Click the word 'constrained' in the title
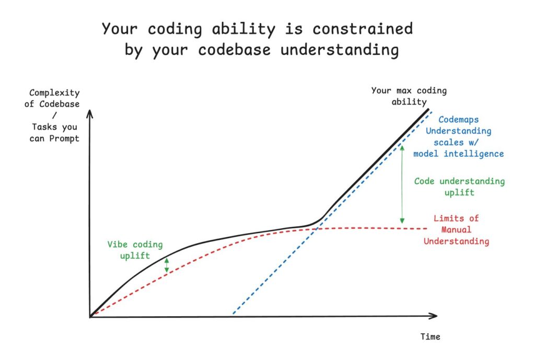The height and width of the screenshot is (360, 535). [366, 28]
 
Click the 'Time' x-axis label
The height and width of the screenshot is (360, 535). [431, 337]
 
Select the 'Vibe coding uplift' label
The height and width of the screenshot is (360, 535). [135, 250]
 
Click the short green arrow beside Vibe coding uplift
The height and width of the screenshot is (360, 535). [167, 265]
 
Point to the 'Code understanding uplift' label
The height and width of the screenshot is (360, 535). [459, 187]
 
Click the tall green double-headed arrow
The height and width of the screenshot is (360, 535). [402, 184]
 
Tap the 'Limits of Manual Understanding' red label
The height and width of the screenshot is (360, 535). [456, 230]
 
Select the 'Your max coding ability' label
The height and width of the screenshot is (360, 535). [409, 96]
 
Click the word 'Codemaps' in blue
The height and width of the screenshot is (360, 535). [459, 120]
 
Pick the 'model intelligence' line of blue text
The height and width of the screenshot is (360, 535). [459, 154]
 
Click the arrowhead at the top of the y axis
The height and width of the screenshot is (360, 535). [90, 112]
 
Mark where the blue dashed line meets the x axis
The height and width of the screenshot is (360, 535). [232, 316]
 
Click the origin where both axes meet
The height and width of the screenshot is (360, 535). [90, 316]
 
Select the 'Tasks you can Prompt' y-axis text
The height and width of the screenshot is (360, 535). [55, 132]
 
